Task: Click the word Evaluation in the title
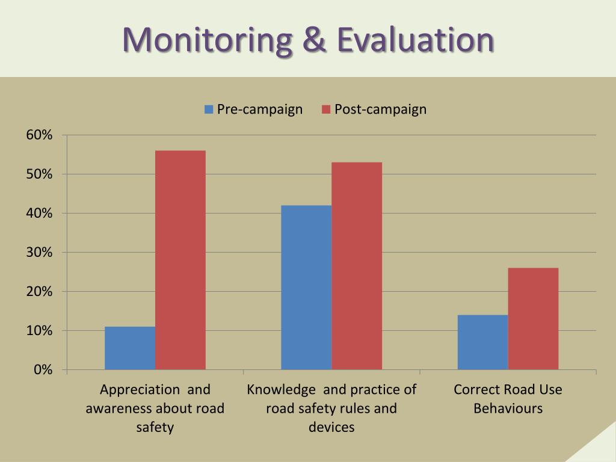[x=415, y=40]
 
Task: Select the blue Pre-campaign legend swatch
[x=209, y=109]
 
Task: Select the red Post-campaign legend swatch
[x=326, y=109]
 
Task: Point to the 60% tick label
[x=39, y=135]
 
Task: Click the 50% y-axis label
[x=39, y=174]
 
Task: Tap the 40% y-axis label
[x=39, y=214]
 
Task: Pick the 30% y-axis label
[x=39, y=253]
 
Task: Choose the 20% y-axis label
[x=39, y=292]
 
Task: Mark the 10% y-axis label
[x=39, y=331]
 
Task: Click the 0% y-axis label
[x=43, y=370]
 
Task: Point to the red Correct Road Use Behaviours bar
[x=533, y=318]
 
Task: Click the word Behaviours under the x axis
[x=508, y=408]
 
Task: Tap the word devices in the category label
[x=331, y=428]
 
